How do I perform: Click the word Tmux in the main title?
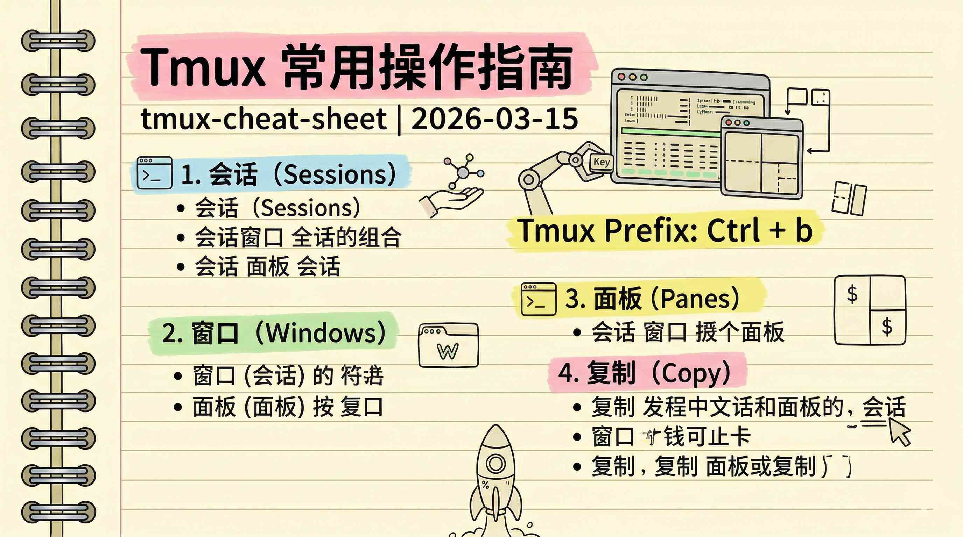point(202,67)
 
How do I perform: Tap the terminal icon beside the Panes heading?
point(538,299)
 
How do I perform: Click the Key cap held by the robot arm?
point(601,163)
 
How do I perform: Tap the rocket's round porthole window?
point(496,464)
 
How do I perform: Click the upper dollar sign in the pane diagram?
point(852,294)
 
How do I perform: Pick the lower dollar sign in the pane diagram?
point(887,327)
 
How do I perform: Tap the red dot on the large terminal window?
point(621,77)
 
